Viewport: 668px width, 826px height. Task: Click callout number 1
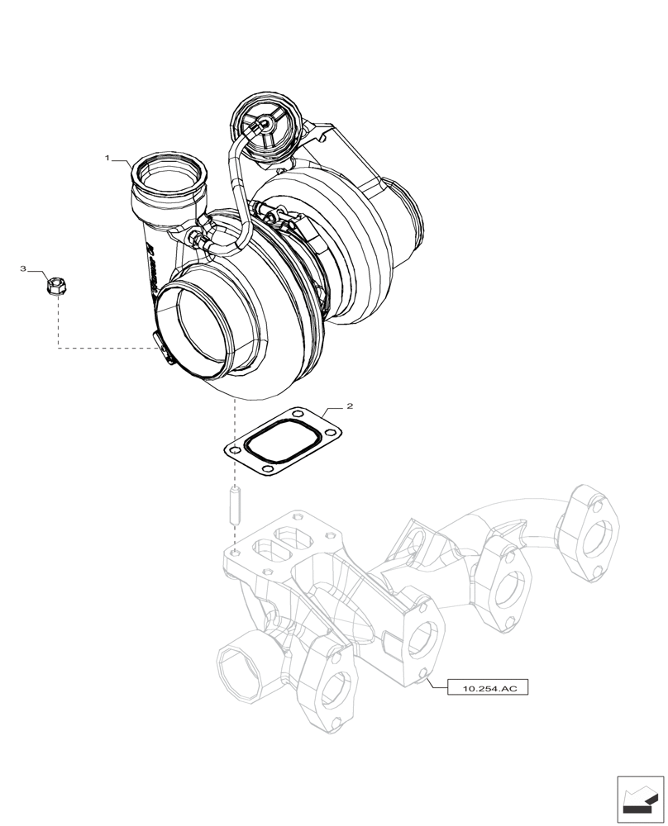[107, 156]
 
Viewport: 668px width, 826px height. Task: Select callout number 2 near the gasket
[350, 407]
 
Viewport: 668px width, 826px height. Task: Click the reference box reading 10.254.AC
[487, 687]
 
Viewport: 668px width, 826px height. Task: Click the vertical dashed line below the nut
[57, 322]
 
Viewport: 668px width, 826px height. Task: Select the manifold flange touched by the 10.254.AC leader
[423, 640]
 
